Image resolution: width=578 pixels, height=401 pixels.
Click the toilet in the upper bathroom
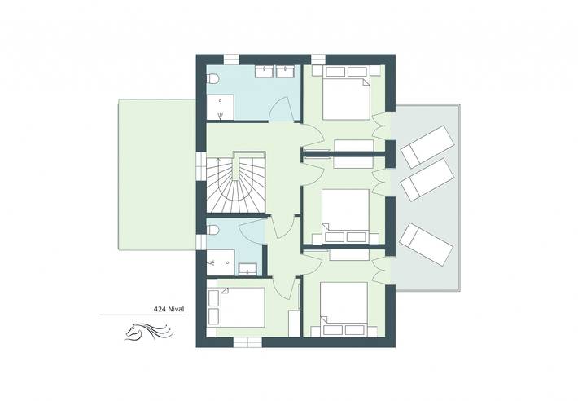(213, 79)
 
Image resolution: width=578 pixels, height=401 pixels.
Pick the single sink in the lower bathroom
(249, 267)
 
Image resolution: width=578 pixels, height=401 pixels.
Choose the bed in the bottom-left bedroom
(238, 307)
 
